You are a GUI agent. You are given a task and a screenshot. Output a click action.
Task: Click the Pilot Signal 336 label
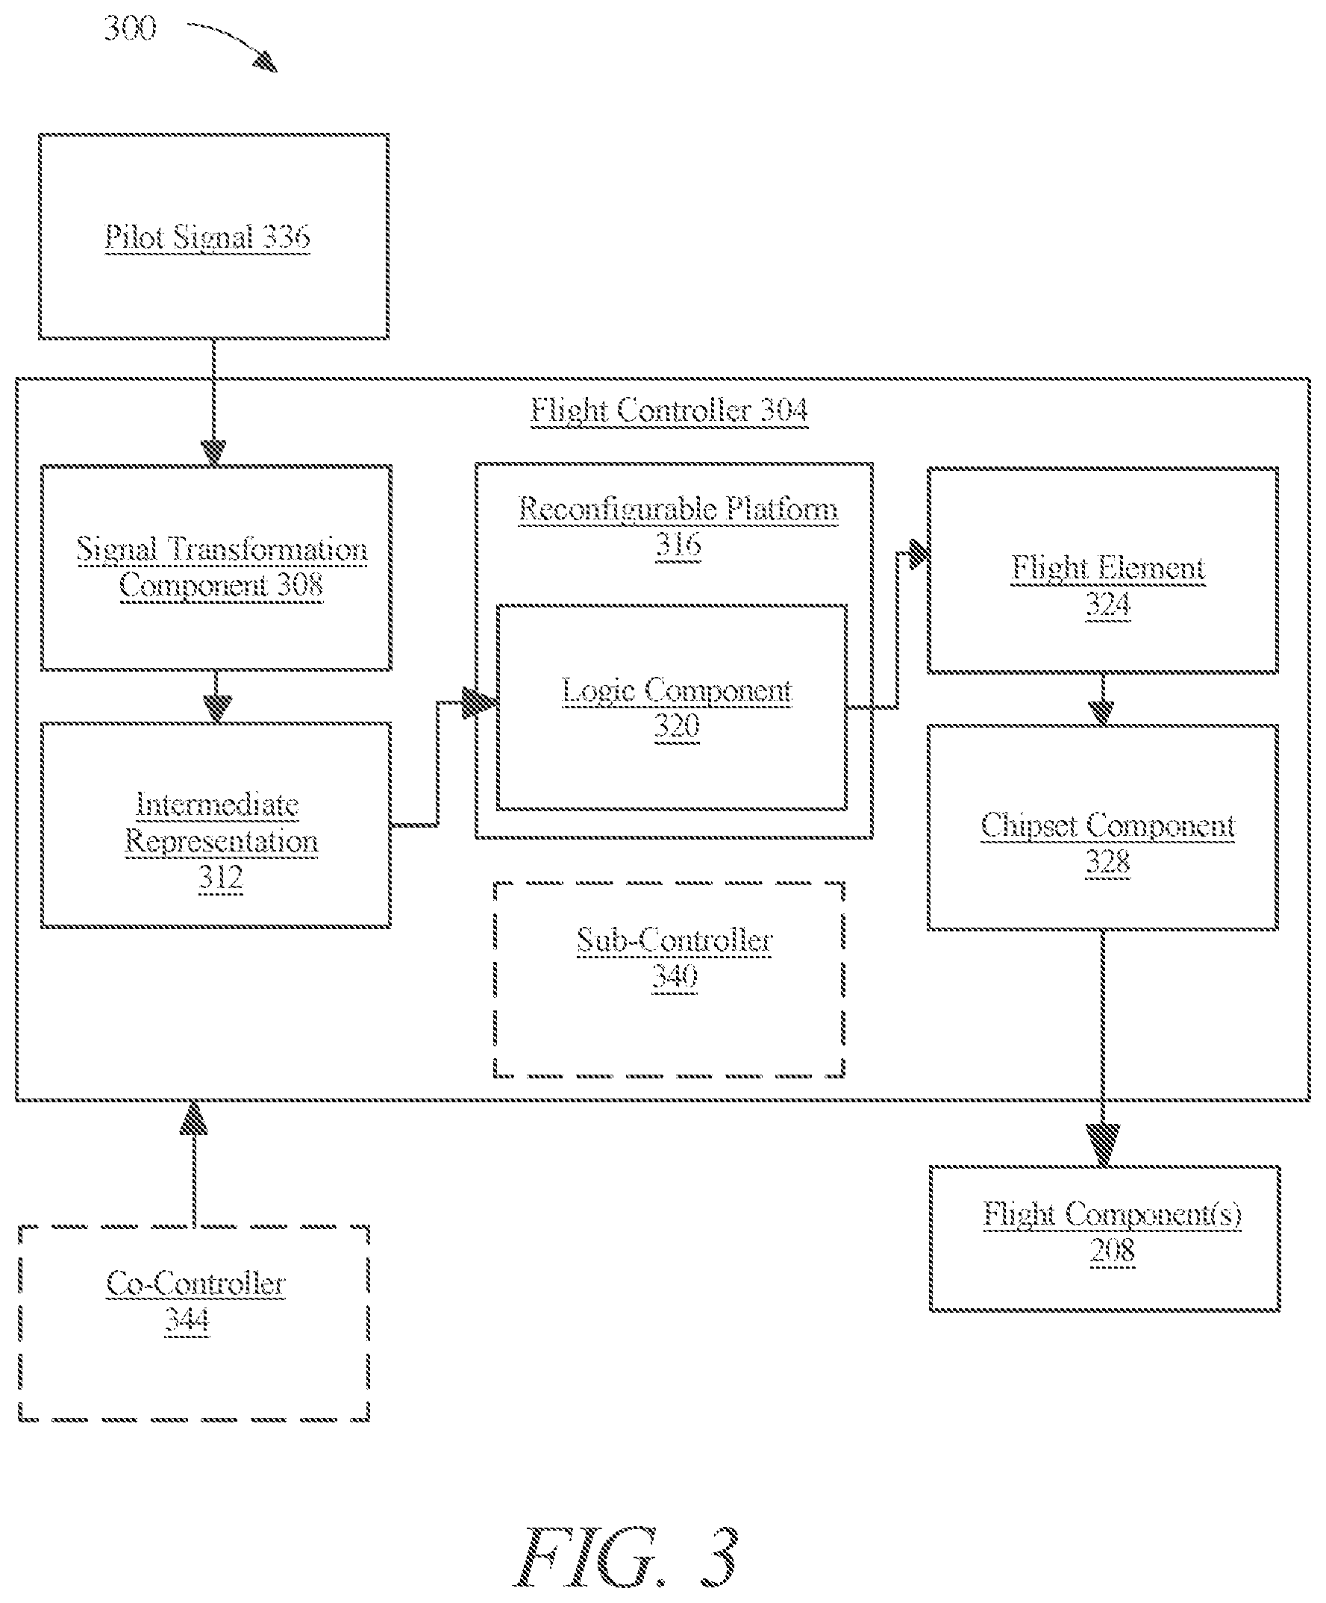(207, 237)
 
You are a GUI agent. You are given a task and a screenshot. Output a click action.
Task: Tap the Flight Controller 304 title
(669, 410)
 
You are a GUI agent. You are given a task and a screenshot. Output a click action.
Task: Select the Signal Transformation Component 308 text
(222, 567)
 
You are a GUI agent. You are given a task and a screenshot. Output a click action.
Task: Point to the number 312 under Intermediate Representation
(221, 877)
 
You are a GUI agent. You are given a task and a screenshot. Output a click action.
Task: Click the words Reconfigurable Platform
(678, 509)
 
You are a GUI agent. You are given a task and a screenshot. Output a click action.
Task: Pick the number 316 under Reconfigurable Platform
(678, 545)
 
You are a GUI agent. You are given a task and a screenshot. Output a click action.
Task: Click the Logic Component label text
(676, 691)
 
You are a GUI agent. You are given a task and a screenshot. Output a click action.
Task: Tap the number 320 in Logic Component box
(676, 726)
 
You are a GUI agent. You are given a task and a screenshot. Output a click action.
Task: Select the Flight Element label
(1107, 569)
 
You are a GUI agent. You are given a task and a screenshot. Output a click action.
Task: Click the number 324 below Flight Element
(1107, 605)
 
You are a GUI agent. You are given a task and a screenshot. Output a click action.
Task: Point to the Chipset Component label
(1107, 826)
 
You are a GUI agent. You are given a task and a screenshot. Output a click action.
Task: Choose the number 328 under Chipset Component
(1107, 863)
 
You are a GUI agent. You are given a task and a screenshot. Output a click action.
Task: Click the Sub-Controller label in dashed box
(674, 940)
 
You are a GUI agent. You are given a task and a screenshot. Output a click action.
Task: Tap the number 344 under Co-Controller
(187, 1320)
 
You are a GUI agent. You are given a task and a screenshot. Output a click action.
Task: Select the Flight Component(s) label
(1112, 1213)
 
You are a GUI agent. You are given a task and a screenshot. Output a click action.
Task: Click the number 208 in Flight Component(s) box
(1112, 1250)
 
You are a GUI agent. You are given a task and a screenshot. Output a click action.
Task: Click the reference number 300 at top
(130, 28)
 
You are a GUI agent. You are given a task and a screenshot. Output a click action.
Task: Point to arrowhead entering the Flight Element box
(918, 553)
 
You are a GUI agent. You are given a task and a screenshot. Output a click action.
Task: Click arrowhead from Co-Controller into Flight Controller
(194, 1116)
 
